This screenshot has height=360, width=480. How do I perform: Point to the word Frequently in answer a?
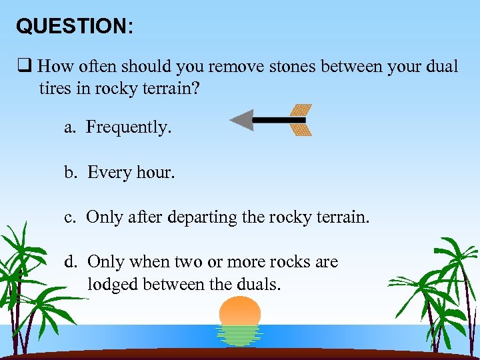click(x=129, y=127)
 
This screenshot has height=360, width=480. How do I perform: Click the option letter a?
click(x=69, y=128)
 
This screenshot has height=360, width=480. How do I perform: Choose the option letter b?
click(x=69, y=173)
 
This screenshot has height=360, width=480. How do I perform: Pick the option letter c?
click(x=69, y=217)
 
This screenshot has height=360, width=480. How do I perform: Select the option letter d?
click(x=69, y=262)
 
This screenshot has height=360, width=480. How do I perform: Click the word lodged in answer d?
click(x=111, y=285)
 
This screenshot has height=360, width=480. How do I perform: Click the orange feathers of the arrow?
click(x=301, y=120)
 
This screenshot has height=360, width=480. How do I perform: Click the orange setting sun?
click(x=240, y=311)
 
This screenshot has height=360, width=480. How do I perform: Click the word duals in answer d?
click(x=260, y=285)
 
